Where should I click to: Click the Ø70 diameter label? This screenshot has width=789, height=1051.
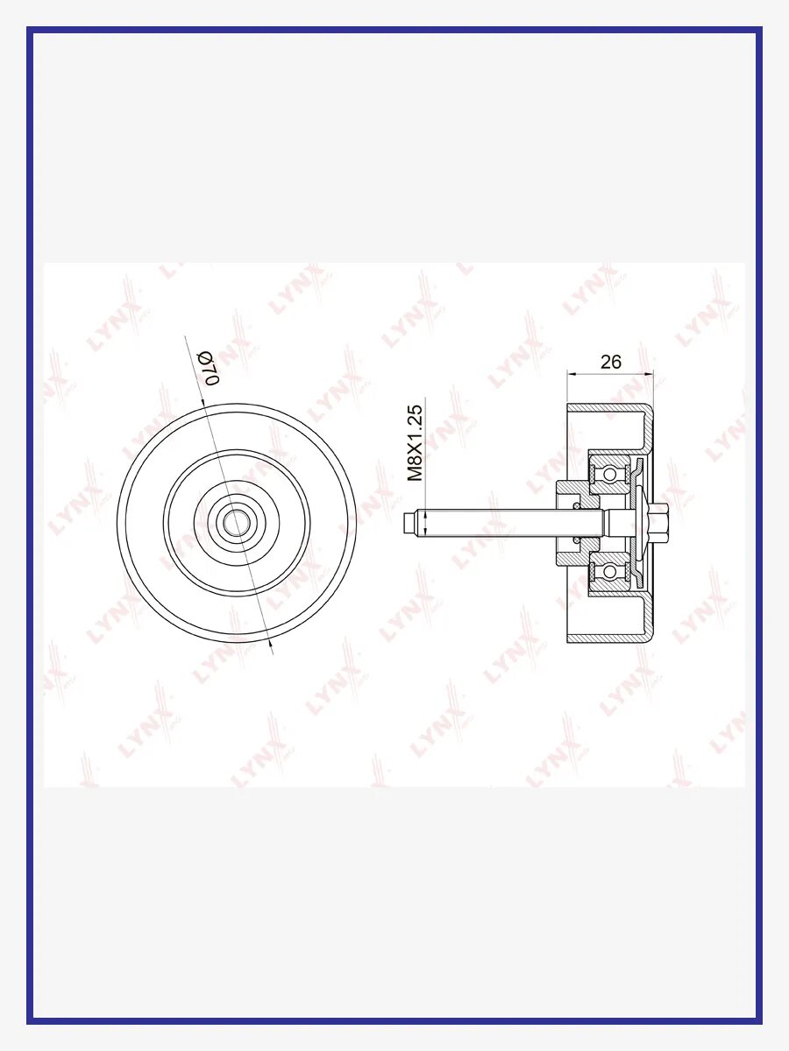coord(210,368)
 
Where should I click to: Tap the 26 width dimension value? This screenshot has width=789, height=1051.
coord(611,362)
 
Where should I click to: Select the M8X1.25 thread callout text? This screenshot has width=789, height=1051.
coord(415,443)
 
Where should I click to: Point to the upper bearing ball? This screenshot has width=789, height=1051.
coord(609,474)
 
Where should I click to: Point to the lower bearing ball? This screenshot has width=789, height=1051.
coord(609,570)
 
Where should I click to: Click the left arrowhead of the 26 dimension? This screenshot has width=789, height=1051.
coord(572,372)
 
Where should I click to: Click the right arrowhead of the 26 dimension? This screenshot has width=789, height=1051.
coord(648,372)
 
